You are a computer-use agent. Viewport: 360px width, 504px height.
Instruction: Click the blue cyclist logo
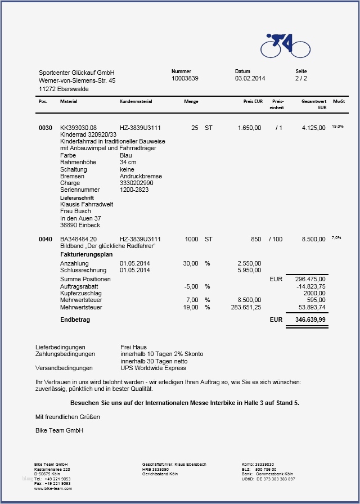286,45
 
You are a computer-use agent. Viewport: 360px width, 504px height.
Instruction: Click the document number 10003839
185,79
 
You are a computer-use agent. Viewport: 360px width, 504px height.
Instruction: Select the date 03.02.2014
250,79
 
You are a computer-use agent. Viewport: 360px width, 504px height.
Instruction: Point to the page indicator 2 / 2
301,79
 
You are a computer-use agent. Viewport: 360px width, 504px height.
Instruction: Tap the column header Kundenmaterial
136,102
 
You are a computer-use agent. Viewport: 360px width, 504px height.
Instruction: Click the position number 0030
46,128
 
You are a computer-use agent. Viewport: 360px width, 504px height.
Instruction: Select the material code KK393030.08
78,128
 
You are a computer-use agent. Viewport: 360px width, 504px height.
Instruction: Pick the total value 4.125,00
313,128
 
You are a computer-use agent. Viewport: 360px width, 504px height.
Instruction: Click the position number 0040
46,240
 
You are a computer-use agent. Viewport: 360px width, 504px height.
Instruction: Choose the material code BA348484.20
78,240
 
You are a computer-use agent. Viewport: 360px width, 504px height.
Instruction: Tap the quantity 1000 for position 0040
191,240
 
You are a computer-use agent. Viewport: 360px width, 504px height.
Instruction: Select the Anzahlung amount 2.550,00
249,263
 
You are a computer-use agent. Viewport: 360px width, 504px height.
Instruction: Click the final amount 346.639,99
310,320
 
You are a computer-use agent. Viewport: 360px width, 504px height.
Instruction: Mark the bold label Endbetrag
75,320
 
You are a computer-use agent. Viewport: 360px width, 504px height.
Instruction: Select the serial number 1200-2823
134,190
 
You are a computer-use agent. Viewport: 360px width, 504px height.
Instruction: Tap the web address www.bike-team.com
53,488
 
